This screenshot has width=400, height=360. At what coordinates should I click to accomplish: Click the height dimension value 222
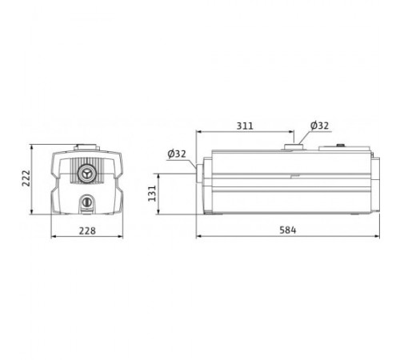26,178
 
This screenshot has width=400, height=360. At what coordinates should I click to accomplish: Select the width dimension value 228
87,230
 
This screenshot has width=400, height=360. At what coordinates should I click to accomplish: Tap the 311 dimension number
245,126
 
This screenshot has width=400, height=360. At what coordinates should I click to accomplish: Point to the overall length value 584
288,230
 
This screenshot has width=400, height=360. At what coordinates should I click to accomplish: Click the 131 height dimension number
152,194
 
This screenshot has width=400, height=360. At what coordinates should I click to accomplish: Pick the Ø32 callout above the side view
319,126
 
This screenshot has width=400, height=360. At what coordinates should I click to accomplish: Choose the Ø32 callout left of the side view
177,154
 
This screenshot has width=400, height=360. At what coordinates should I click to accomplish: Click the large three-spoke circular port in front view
86,174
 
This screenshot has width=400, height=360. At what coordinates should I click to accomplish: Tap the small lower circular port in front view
86,202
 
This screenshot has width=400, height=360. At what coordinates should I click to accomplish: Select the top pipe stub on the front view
86,147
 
